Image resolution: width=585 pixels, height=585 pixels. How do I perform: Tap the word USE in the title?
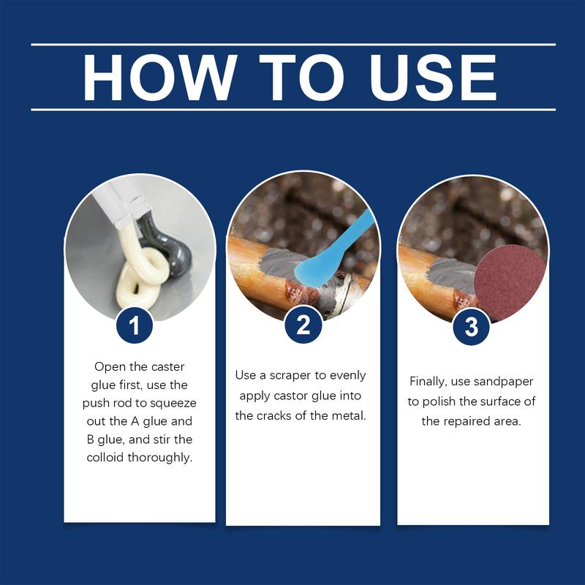(x=434, y=77)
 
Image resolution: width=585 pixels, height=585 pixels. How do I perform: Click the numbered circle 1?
(x=135, y=325)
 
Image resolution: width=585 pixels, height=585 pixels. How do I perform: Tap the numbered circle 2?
(x=303, y=325)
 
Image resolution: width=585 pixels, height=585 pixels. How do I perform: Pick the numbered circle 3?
(x=472, y=325)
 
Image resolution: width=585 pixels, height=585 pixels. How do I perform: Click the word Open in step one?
(x=109, y=365)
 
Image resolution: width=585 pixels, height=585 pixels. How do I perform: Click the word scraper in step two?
(x=299, y=375)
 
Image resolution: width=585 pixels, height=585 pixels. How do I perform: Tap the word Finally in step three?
(x=431, y=381)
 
